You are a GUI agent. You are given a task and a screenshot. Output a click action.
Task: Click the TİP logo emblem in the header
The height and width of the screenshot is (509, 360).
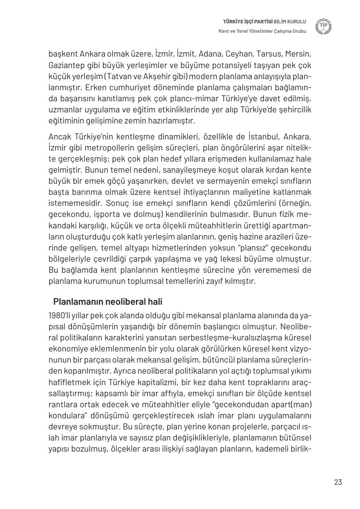coord(323,26)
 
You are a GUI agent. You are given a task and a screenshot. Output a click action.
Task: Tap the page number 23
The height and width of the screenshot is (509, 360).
coord(338,482)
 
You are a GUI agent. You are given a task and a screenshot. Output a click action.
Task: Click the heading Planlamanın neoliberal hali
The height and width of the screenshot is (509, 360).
coord(108,302)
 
